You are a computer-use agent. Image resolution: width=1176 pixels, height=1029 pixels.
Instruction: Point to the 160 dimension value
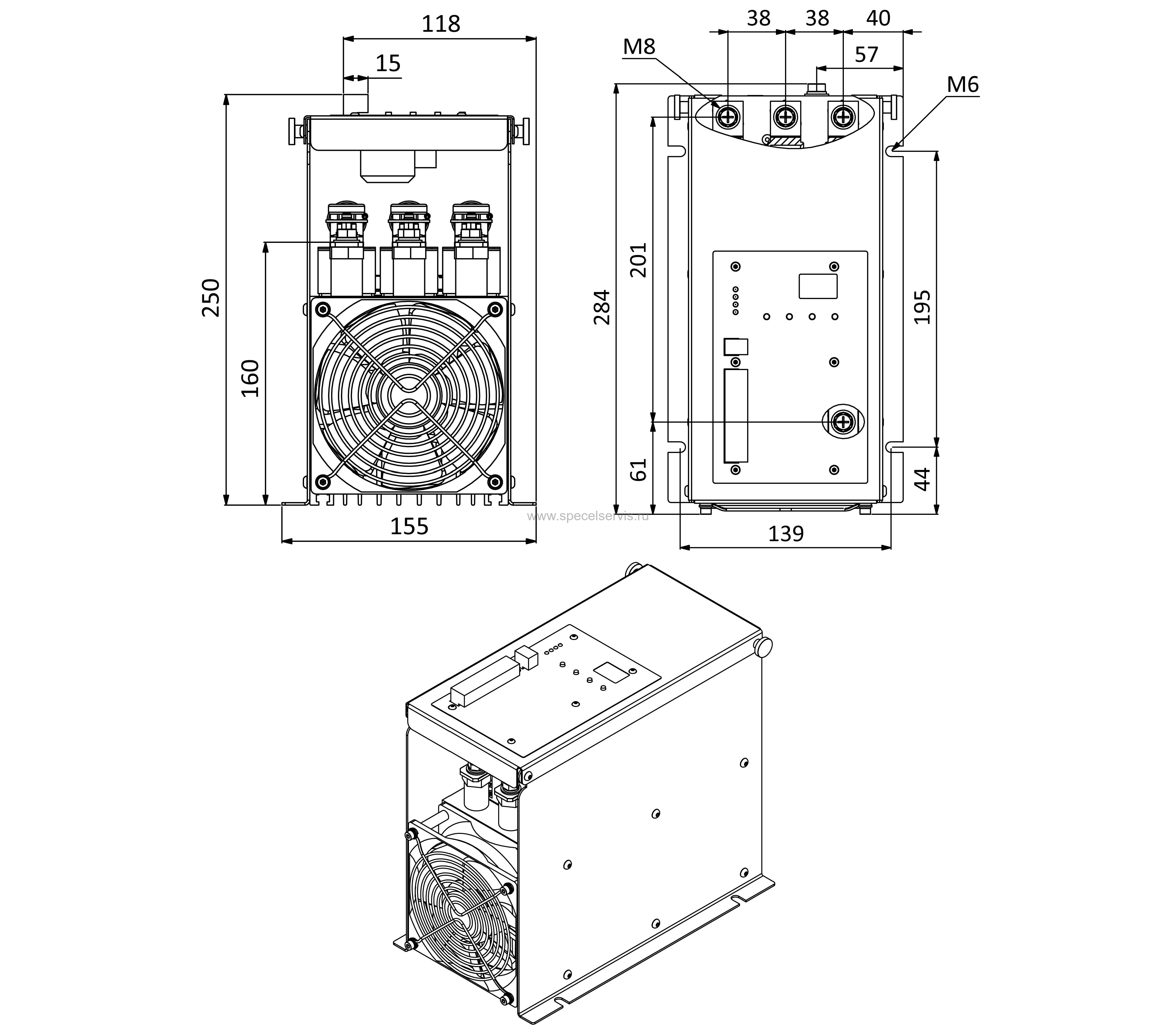coord(250,379)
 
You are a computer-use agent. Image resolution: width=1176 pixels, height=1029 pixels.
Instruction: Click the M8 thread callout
coord(639,47)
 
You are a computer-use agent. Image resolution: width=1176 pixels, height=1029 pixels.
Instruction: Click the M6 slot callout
coord(962,85)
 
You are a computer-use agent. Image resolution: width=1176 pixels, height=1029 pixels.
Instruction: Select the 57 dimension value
coord(867,54)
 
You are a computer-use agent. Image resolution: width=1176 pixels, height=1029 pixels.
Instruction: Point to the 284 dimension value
coord(602,307)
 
